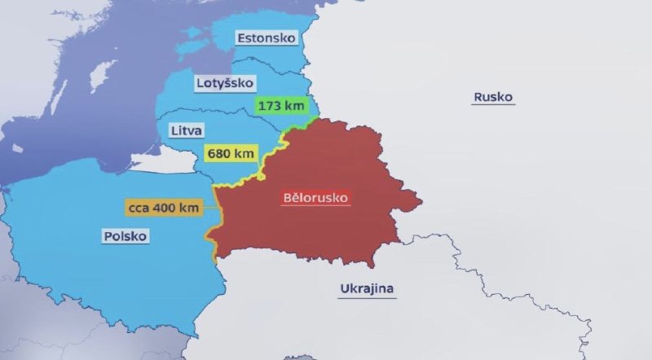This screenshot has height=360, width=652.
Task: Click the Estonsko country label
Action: pyautogui.click(x=266, y=37)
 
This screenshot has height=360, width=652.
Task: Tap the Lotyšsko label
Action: pyautogui.click(x=225, y=83)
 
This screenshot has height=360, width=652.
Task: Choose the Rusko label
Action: pyautogui.click(x=493, y=97)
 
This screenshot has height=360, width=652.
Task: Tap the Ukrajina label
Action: pyautogui.click(x=367, y=289)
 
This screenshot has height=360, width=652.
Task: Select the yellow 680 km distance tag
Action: pyautogui.click(x=231, y=154)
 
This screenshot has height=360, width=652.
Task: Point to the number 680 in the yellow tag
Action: pyautogui.click(x=222, y=154)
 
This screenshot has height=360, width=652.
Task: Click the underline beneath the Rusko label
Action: pyautogui.click(x=493, y=105)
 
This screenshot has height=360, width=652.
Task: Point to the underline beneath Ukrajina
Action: pyautogui.click(x=367, y=297)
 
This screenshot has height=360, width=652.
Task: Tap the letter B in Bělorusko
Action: pyautogui.click(x=286, y=198)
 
